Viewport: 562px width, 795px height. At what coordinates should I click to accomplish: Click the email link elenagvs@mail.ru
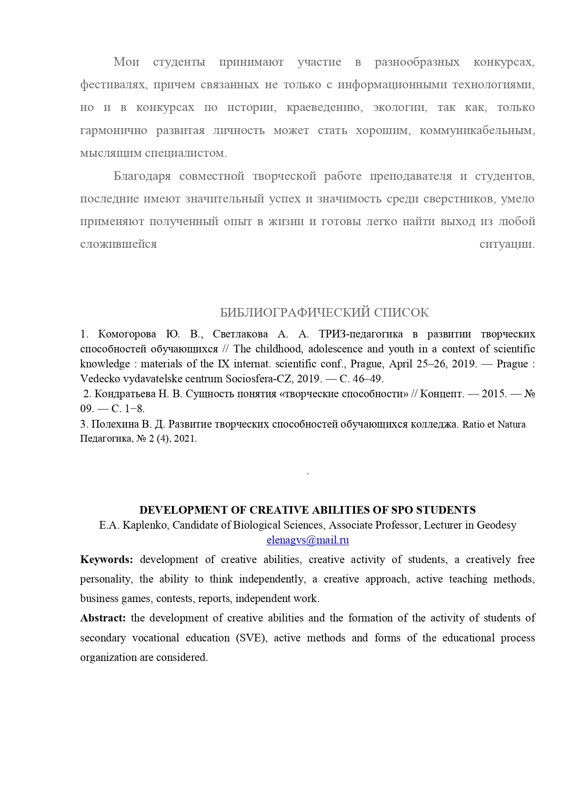[x=307, y=540]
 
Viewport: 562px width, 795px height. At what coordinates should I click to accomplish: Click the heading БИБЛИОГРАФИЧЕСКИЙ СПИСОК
[x=324, y=313]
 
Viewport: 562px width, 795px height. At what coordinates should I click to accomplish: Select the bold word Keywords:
[x=106, y=560]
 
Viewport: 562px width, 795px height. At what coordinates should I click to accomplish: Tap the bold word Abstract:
[x=103, y=618]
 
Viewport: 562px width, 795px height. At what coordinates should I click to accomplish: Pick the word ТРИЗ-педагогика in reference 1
[x=361, y=334]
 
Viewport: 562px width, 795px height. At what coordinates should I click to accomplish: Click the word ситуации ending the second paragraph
[x=507, y=245]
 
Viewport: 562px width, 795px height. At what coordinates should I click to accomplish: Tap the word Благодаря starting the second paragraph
[x=142, y=176]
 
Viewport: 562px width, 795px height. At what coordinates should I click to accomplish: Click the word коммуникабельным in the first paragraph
[x=477, y=131]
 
